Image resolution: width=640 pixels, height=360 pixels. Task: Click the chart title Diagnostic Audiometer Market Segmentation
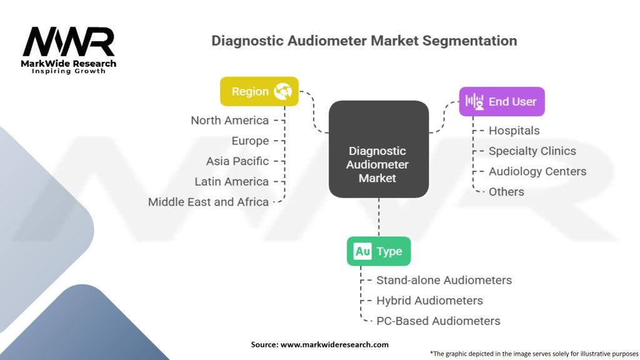coord(364,41)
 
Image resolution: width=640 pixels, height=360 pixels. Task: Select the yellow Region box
coord(259,91)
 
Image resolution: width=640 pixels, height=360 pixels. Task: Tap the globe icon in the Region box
coord(282,92)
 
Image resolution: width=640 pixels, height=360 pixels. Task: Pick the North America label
coord(229,120)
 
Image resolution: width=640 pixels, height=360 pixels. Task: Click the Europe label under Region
coord(250,141)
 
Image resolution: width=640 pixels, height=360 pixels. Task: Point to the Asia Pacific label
coord(237,161)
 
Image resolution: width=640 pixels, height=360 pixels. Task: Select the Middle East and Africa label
coord(208,202)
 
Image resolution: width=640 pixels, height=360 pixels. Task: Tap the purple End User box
coord(501,101)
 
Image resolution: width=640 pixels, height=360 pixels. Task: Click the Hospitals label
coord(514,131)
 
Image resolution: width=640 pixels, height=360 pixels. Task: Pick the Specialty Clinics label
coord(532,151)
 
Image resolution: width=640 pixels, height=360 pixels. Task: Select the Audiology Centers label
coord(537,171)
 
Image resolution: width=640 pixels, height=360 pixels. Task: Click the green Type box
coord(378,252)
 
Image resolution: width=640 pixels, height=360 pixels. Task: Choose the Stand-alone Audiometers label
coord(444,280)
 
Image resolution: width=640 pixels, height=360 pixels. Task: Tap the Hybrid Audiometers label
coord(429,301)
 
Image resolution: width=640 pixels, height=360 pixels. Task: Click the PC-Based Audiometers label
coord(438,321)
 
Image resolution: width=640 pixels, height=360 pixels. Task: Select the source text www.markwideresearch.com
coord(334,344)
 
